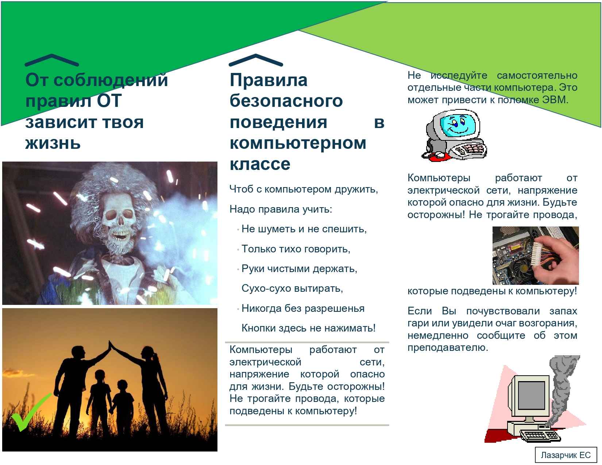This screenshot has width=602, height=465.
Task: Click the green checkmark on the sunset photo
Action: click(29, 412)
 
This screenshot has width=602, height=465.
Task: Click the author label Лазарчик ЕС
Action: click(566, 455)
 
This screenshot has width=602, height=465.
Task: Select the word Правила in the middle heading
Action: click(269, 80)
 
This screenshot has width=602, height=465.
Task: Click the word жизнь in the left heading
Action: click(53, 143)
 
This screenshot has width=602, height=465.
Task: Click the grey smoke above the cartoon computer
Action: click(562, 388)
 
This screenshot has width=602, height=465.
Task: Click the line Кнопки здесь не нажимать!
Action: click(308, 328)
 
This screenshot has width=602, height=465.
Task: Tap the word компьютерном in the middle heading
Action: click(298, 143)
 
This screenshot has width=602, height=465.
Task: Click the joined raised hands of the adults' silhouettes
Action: click(110, 345)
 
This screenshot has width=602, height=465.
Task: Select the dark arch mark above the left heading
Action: click(51, 60)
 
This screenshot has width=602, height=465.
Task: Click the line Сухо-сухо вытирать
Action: click(292, 288)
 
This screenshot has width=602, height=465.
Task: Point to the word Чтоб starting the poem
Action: click(241, 189)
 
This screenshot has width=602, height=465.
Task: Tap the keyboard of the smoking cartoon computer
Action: click(540, 436)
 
